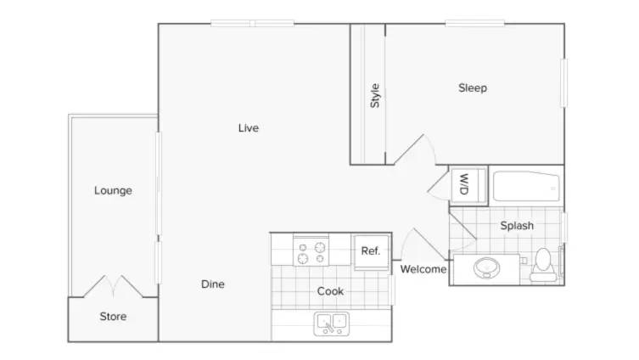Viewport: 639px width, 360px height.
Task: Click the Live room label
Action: point(248,128)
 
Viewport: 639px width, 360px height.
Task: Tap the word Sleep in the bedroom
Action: point(473,88)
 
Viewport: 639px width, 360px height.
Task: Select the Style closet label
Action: point(374,96)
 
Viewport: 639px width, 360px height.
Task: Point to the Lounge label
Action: point(113,191)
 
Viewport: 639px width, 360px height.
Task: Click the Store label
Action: point(113,317)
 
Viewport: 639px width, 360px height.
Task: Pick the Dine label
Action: point(213,284)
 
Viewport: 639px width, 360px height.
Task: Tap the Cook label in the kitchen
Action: point(330,291)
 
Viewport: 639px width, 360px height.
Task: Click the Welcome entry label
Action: point(423,269)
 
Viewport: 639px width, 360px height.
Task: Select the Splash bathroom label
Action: point(517,226)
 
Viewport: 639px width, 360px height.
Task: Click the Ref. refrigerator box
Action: point(371,252)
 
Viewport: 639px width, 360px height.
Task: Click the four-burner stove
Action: point(311,251)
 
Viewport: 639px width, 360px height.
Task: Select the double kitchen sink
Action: point(331,323)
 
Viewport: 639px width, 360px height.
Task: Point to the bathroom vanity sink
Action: point(486,268)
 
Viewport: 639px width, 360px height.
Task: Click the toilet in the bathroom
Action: point(543,265)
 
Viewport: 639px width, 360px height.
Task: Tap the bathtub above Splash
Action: point(526,186)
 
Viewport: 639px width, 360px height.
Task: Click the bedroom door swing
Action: point(415,149)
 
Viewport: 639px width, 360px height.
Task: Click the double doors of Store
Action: point(113,286)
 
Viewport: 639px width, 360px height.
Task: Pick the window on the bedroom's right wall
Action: point(564,83)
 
